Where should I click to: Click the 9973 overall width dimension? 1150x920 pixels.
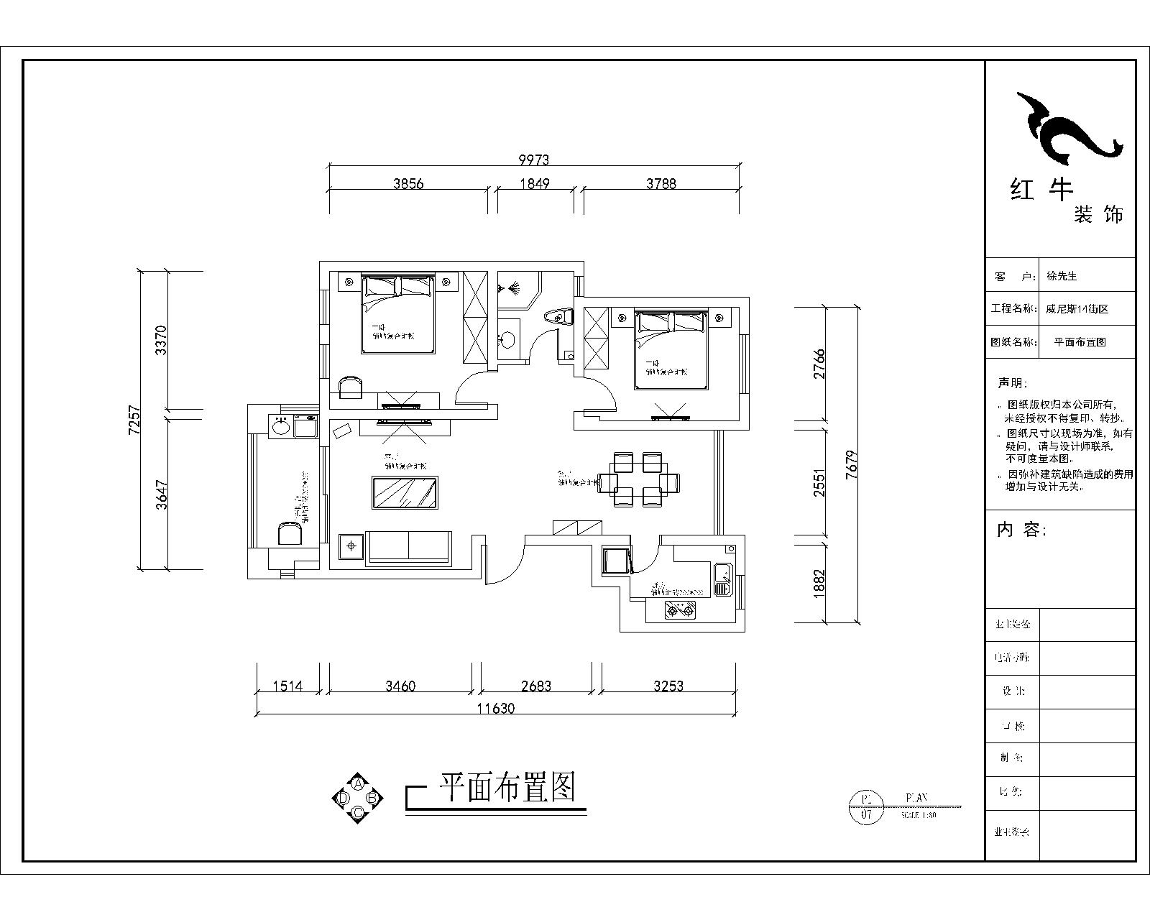(533, 160)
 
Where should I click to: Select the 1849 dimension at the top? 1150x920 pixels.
(534, 183)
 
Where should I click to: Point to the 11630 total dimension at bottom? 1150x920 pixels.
(495, 708)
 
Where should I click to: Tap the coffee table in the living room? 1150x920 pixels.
(405, 492)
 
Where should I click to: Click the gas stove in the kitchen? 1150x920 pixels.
(680, 611)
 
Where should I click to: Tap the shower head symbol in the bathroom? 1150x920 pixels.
(513, 290)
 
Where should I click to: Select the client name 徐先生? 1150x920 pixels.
(1062, 276)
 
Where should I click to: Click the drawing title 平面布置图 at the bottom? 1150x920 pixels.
(507, 788)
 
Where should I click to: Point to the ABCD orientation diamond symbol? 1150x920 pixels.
(357, 797)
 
